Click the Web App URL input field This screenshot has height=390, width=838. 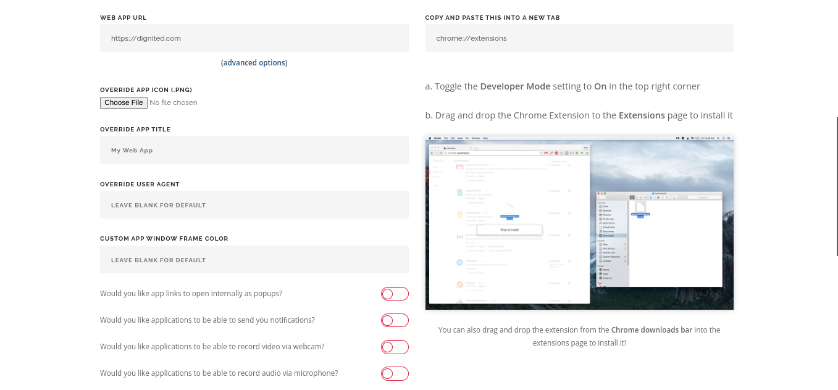254,38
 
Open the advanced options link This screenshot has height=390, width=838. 254,63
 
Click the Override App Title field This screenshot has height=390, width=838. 254,151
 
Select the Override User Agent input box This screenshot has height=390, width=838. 254,205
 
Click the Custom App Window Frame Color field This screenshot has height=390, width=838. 254,260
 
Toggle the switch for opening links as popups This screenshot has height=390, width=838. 395,294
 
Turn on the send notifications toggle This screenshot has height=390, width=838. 395,320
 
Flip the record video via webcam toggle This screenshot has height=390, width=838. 395,347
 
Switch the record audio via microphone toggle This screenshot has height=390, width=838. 395,373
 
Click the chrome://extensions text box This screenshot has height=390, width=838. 579,38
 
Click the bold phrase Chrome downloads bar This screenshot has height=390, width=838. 651,330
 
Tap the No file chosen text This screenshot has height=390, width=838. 174,103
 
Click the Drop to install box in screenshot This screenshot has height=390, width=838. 509,230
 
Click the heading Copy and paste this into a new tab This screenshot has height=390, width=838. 492,18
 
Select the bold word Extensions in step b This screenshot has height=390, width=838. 642,115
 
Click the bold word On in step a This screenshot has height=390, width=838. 600,86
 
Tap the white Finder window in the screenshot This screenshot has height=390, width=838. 673,247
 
